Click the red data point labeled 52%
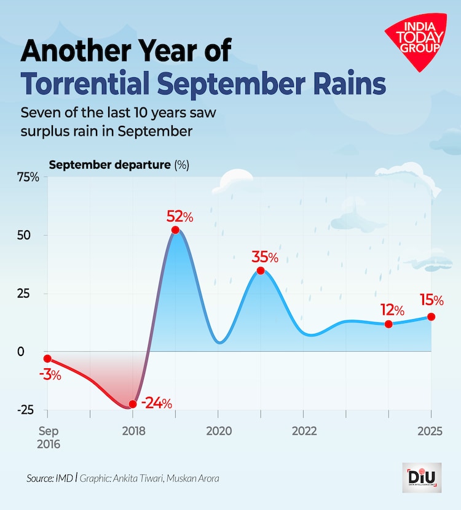tap(175, 230)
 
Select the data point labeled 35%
tap(261, 271)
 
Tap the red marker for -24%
tap(132, 404)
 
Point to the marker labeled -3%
tap(47, 358)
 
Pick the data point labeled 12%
tap(388, 324)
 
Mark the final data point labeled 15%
tap(431, 317)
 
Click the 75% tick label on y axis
tap(28, 177)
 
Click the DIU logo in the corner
tap(422, 477)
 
